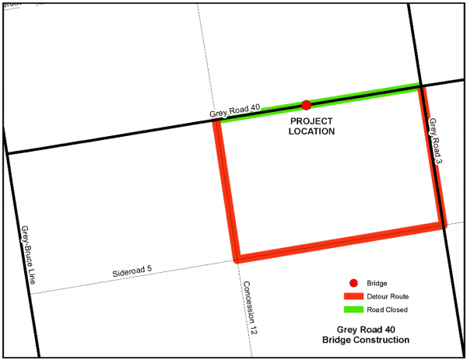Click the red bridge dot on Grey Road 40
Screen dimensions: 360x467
[307, 104]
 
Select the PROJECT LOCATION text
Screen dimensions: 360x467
[311, 127]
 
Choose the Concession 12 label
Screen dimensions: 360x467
[251, 308]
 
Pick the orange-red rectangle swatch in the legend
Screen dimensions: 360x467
[354, 296]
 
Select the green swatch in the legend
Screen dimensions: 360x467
[354, 309]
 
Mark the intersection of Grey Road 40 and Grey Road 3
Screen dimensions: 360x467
[421, 85]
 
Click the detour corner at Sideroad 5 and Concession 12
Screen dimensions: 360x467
[237, 258]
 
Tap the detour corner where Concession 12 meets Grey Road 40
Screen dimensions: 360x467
[216, 121]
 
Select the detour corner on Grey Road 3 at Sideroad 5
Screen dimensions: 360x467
[442, 225]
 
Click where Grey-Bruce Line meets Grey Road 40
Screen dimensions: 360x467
[7, 153]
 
